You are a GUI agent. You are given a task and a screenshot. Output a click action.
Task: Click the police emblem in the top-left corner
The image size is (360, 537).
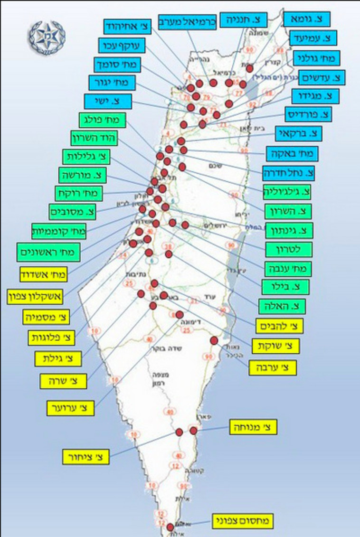pos(47,37)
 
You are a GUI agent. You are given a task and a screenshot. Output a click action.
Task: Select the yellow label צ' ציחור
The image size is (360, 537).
pos(86,457)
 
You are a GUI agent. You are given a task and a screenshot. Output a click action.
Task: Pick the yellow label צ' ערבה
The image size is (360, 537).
pos(273,367)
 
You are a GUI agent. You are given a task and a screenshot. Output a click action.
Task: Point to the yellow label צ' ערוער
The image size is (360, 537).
pos(71,407)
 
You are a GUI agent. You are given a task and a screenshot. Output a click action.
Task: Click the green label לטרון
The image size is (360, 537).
pos(289,249)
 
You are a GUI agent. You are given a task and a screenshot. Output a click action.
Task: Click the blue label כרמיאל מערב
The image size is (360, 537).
pos(193,22)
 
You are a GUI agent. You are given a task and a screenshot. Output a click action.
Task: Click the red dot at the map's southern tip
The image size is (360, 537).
pos(171,527)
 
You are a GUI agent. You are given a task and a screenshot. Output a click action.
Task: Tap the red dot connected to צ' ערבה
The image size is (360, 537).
pos(214,340)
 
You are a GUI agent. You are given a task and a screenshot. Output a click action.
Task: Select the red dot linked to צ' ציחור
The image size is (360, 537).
pos(180,432)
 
